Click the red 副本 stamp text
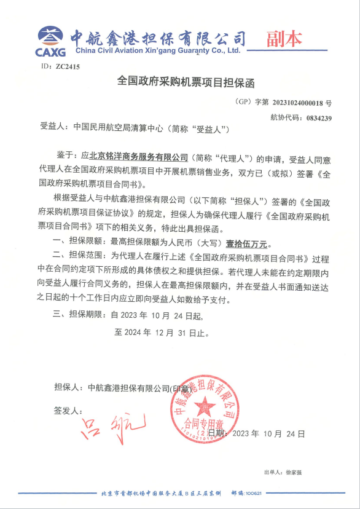[x=284, y=39]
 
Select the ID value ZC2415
[x=68, y=66]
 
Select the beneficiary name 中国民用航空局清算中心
[x=120, y=129]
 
